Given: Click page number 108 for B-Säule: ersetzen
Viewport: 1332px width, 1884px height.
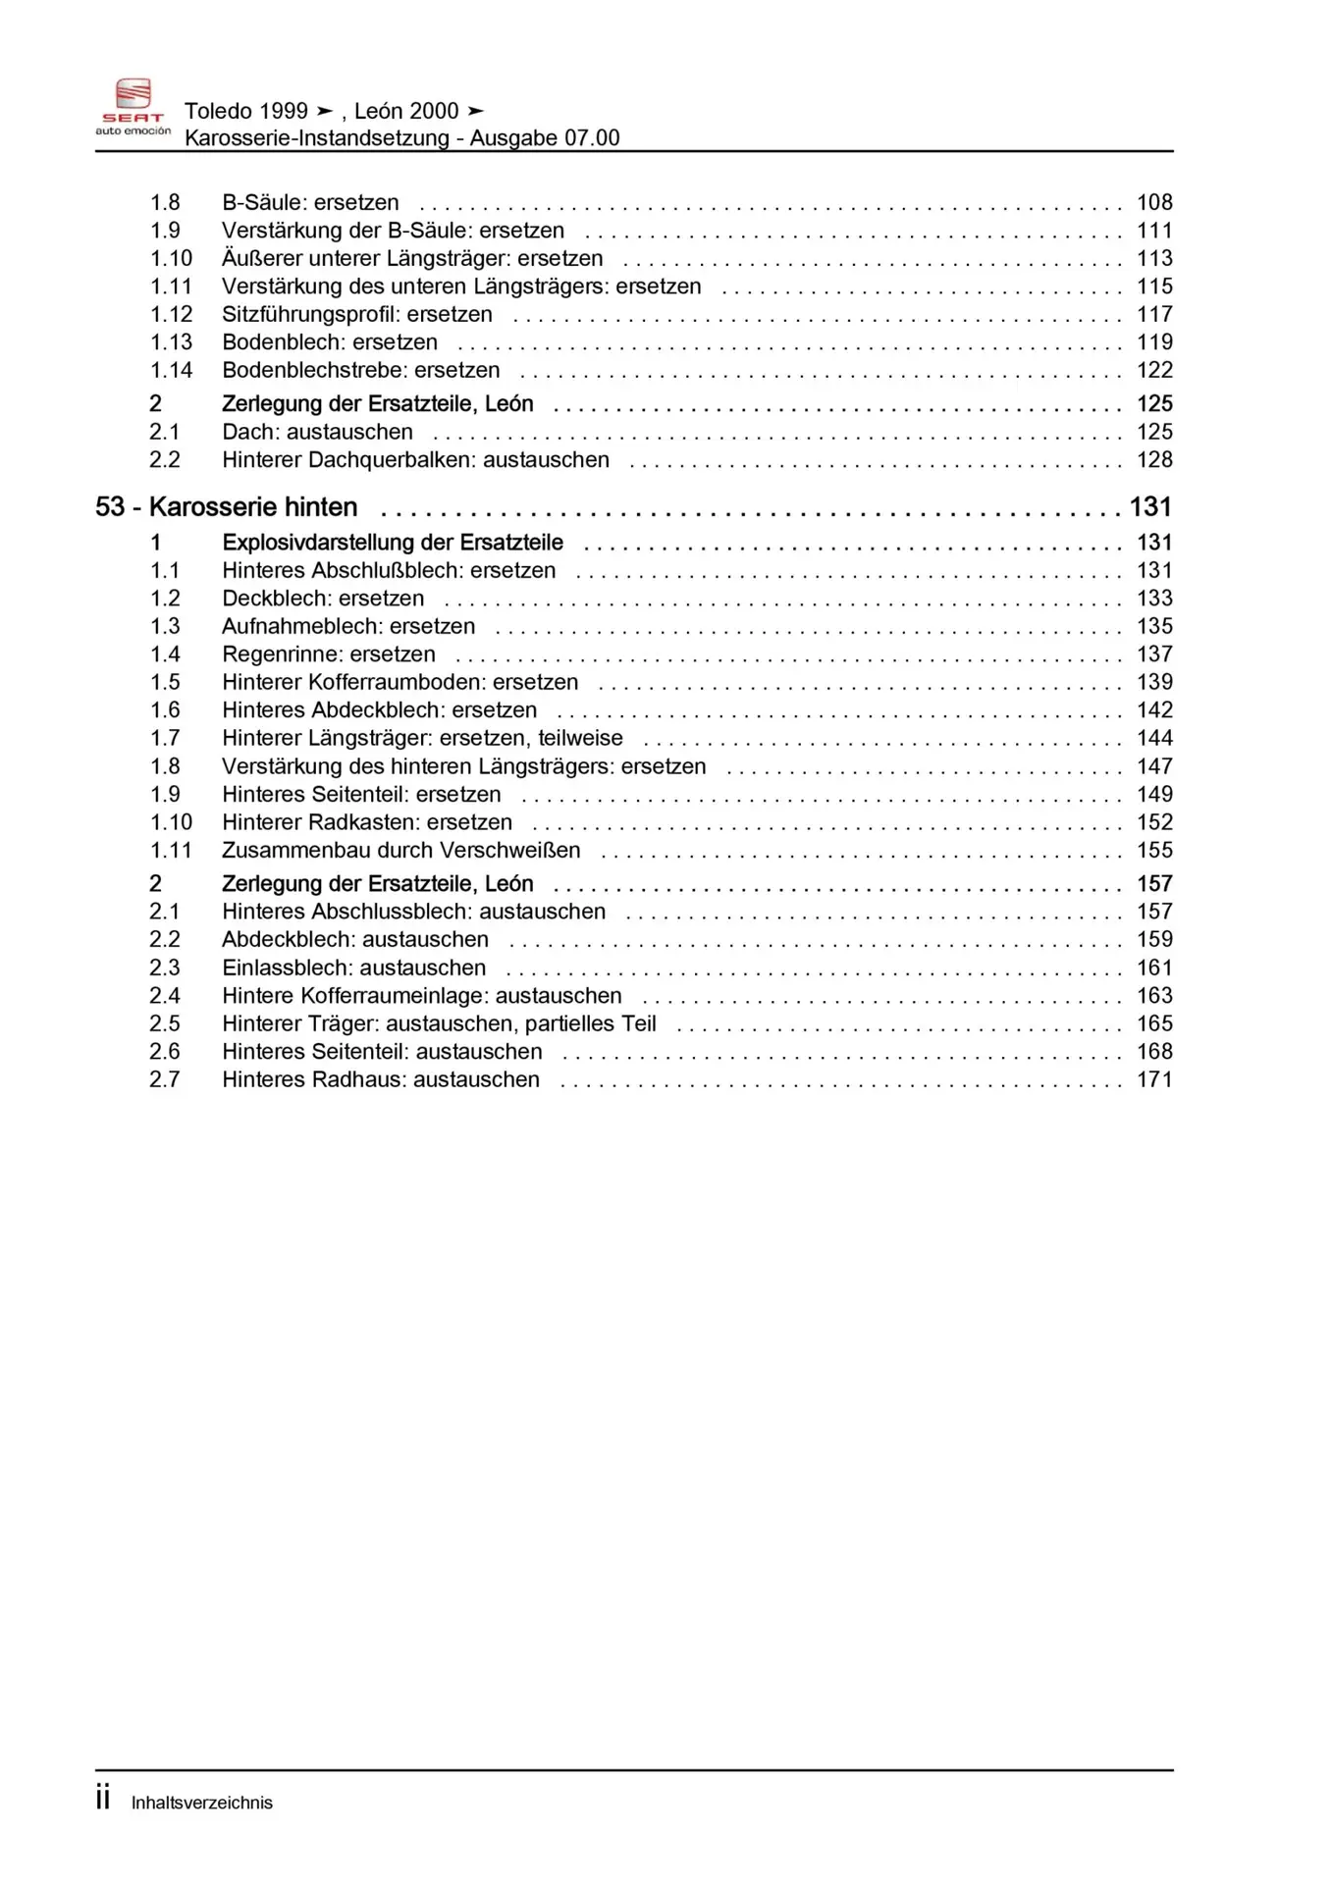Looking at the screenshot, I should click(1154, 202).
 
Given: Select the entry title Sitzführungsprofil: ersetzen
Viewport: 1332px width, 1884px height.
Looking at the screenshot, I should click(357, 314).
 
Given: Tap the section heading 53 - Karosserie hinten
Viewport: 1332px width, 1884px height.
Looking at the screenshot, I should click(227, 507).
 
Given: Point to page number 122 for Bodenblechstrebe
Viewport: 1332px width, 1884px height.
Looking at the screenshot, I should click(1154, 370).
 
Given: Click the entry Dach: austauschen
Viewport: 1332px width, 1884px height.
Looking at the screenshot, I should click(317, 432).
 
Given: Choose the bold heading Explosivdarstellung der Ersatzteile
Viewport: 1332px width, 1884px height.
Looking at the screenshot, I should click(393, 543).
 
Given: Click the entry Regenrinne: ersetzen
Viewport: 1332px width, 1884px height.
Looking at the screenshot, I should click(328, 654).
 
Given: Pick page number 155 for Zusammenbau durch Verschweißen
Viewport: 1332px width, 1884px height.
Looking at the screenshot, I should click(1154, 851).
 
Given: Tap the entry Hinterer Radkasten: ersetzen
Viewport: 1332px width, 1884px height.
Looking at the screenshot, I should click(367, 822).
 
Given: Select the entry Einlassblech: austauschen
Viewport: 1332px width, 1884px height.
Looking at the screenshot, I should click(353, 968).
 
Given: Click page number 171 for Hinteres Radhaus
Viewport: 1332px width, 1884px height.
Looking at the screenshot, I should click(1154, 1079).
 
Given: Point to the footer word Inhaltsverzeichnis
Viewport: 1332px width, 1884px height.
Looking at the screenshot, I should click(202, 1803).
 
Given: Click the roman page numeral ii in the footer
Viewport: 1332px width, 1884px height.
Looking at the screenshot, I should click(103, 1799).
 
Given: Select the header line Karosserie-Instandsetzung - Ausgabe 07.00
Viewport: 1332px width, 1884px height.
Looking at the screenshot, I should click(401, 137).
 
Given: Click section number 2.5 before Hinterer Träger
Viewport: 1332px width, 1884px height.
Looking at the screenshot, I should click(165, 1023).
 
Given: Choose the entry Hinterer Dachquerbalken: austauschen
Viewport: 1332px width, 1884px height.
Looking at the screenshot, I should click(415, 460).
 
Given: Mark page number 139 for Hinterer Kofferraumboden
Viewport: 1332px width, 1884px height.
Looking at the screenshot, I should click(1154, 682).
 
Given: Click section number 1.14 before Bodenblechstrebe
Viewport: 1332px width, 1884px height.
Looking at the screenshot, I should click(171, 370).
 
